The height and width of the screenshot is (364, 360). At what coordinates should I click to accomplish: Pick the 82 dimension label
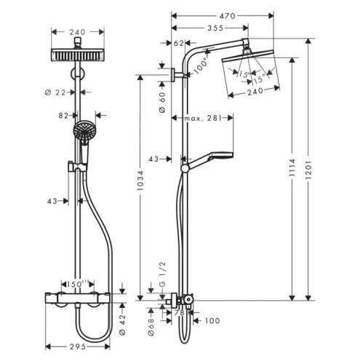[x=65, y=115]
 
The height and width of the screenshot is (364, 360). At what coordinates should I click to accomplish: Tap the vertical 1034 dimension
[x=141, y=188]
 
